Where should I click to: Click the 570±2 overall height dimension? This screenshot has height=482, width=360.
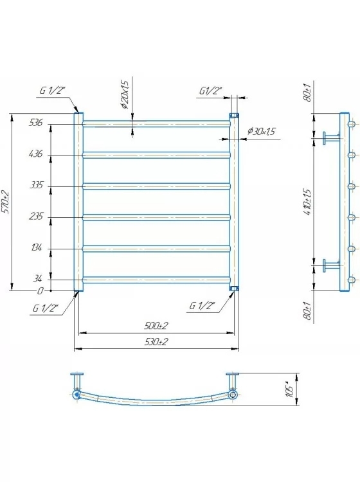click(6, 202)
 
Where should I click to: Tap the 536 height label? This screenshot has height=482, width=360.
click(35, 122)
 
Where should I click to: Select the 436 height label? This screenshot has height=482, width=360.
click(35, 154)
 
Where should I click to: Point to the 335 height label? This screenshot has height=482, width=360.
click(36, 184)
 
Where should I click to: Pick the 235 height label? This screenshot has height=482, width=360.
click(35, 216)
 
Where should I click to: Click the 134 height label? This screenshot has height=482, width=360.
click(36, 247)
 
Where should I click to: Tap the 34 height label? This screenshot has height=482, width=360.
click(37, 278)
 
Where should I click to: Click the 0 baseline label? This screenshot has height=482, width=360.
click(40, 290)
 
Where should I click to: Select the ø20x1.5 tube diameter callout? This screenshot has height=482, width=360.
click(124, 94)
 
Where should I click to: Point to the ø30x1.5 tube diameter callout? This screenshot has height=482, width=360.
click(261, 132)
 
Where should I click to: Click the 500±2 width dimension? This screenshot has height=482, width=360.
click(156, 326)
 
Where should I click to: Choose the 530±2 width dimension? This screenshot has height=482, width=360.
click(156, 341)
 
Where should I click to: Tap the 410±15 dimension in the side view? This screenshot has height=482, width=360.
click(308, 202)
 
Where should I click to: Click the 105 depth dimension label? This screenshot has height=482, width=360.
click(289, 389)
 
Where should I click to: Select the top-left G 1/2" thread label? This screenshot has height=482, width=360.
click(52, 91)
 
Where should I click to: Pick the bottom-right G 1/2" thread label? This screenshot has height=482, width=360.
click(202, 305)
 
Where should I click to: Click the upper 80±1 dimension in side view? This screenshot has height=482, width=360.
click(308, 92)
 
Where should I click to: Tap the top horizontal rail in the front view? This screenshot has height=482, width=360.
click(156, 123)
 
